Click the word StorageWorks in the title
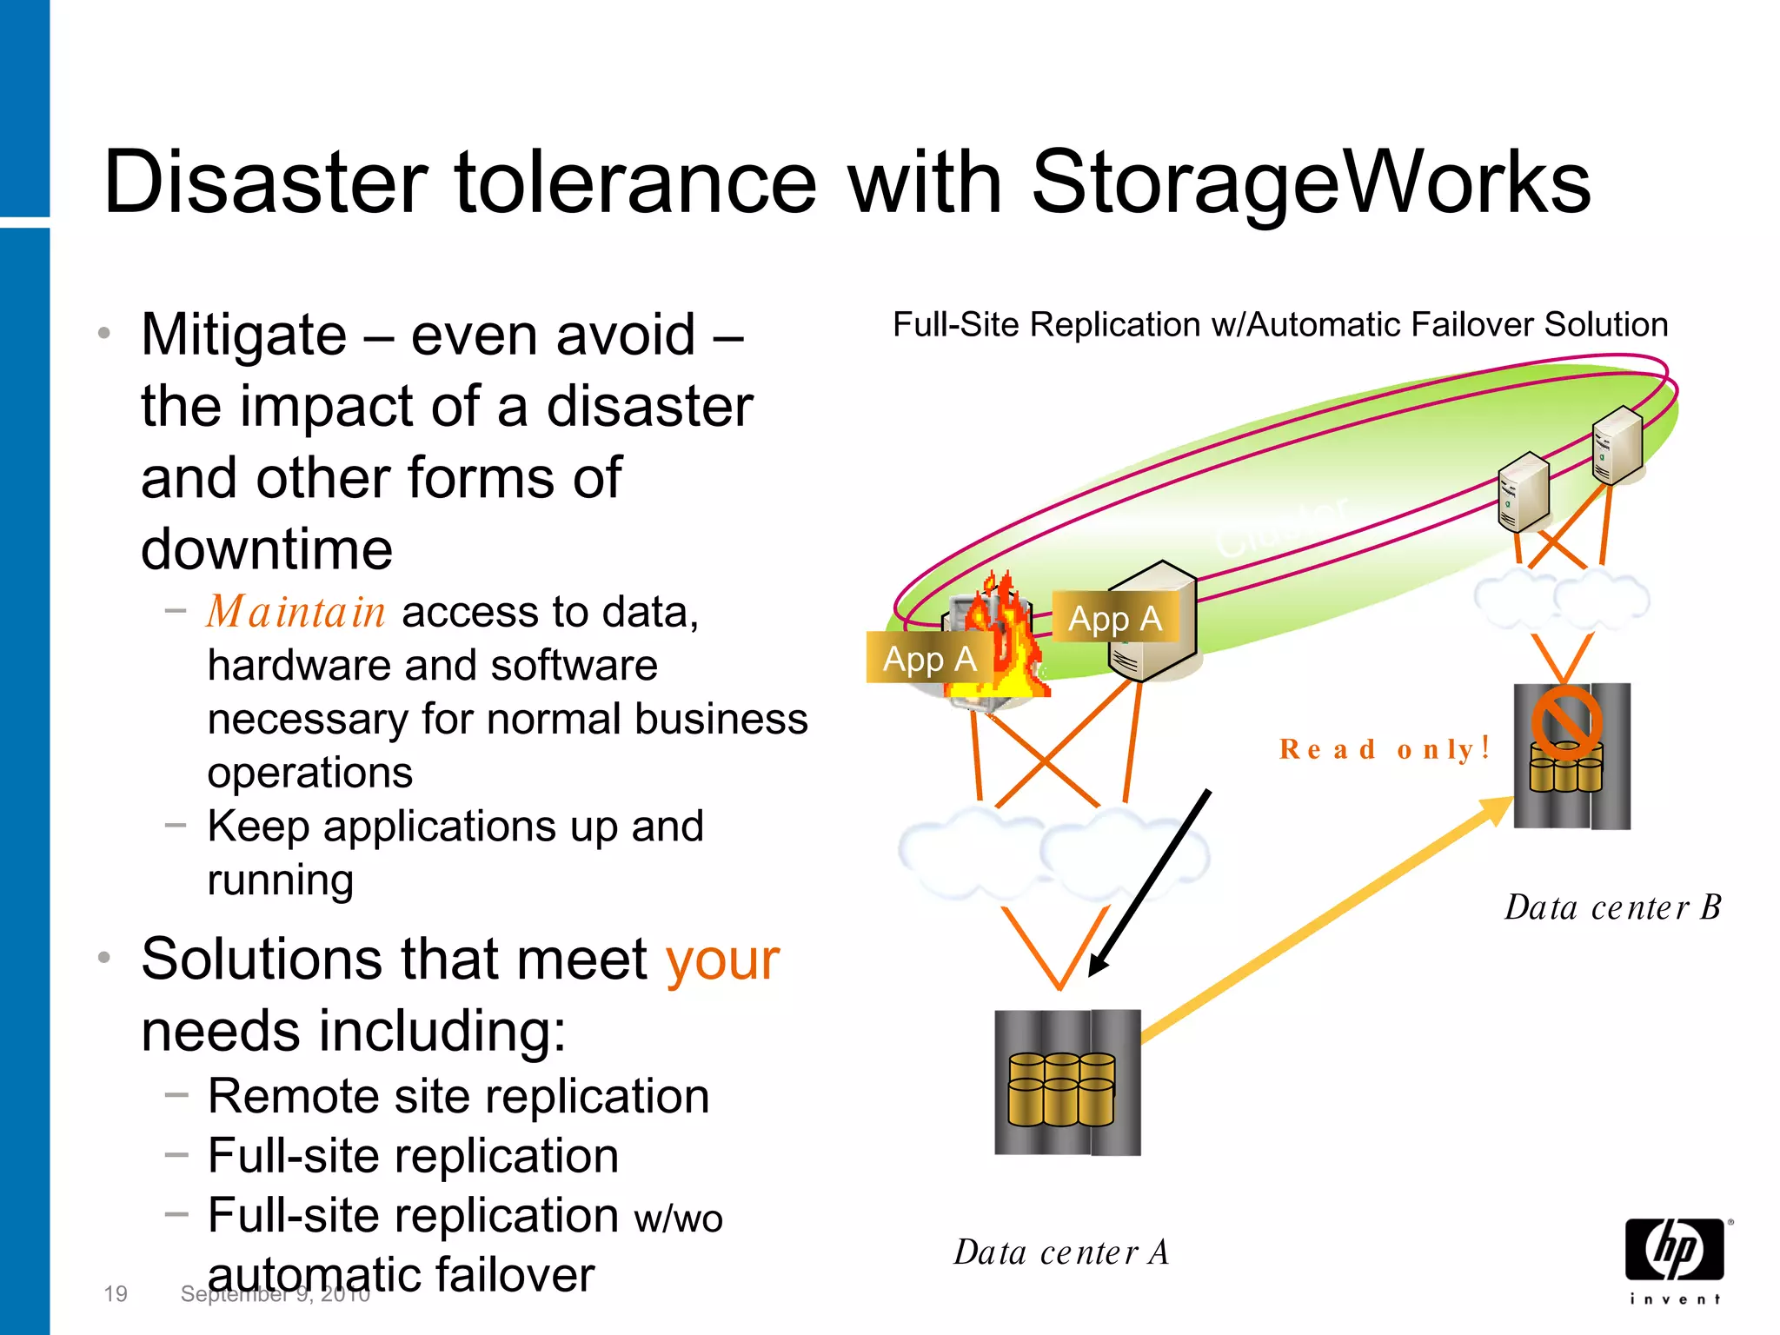point(1311,183)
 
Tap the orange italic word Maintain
point(296,612)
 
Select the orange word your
point(722,960)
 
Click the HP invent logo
point(1675,1259)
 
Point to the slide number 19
point(115,1293)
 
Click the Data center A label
point(1061,1252)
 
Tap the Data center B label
point(1612,907)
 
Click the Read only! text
point(1385,748)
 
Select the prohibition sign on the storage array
point(1565,721)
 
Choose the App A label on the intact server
point(1114,619)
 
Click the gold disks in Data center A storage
point(1061,1090)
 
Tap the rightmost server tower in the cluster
point(1617,445)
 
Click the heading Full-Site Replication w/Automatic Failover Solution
point(1279,325)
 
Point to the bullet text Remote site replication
point(458,1096)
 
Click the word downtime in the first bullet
point(267,549)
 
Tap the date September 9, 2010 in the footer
point(275,1294)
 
